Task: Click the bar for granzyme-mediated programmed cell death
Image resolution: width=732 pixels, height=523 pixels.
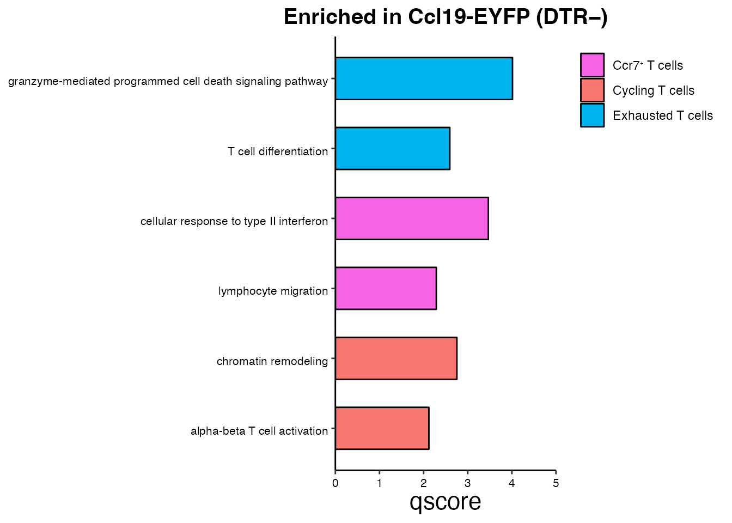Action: pos(424,78)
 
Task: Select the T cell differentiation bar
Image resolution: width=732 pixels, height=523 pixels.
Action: pos(392,148)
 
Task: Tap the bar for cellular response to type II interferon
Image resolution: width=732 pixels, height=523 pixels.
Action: pos(412,218)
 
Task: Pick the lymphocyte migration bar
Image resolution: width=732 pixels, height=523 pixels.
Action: pos(386,288)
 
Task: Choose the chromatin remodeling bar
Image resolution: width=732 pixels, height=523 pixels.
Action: pos(396,358)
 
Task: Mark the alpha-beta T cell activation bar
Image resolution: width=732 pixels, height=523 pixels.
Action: pos(382,428)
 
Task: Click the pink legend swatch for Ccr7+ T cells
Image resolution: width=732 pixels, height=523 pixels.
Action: pos(592,65)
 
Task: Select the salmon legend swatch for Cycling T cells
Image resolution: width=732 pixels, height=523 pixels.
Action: pos(592,90)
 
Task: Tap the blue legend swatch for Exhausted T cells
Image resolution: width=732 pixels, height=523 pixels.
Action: pos(592,115)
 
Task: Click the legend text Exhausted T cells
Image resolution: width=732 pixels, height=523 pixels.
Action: pos(662,115)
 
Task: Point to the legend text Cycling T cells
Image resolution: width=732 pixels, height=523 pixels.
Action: pos(653,90)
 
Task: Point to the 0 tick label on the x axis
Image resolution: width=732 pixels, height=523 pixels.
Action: pos(335,483)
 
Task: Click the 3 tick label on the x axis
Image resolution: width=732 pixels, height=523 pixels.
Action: pos(467,483)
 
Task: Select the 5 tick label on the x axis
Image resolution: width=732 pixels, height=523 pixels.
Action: pos(556,483)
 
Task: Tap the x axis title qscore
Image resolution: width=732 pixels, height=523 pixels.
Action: pos(445,502)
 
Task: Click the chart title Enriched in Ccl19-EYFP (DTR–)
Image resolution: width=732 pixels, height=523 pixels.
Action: pos(445,17)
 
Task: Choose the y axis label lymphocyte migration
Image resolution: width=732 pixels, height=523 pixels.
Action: pos(273,291)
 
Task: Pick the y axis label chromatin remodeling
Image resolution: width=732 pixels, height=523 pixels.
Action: pos(272,361)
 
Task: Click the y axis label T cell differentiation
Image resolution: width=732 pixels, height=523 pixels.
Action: pos(277,151)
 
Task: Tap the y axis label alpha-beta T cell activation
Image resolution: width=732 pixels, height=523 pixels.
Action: pos(259,431)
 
